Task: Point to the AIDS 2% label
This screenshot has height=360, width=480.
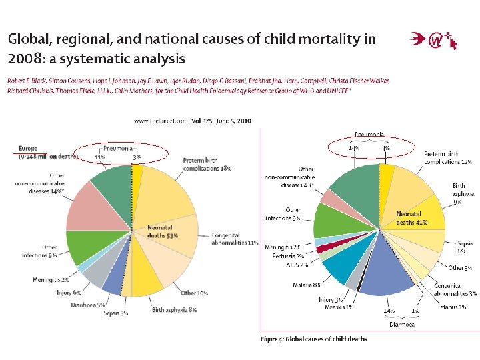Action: coord(296,265)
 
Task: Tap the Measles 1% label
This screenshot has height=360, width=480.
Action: coord(341,307)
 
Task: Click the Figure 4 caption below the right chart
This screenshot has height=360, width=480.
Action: coord(313,339)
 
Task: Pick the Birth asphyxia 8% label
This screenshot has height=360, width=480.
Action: coord(174,309)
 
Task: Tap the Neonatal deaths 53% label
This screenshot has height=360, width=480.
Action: coord(163,231)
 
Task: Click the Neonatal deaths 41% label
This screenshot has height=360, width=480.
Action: coord(411,218)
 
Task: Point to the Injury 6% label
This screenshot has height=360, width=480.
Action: coord(68,292)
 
